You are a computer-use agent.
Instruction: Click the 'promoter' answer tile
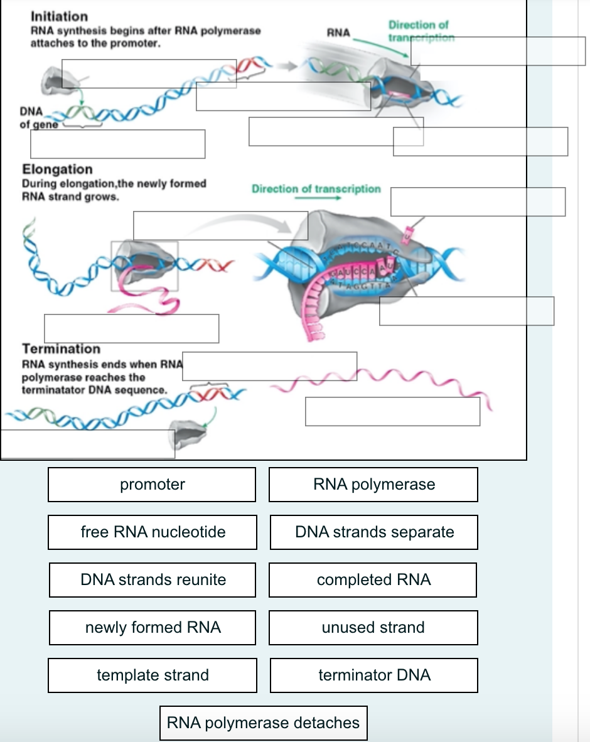(x=152, y=485)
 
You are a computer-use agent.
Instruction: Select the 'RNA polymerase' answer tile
(x=373, y=485)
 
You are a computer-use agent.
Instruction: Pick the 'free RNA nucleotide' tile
(x=153, y=532)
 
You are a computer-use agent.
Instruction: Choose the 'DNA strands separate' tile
(x=374, y=532)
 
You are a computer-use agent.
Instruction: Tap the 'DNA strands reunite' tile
(x=153, y=580)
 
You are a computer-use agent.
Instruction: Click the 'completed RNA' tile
(x=373, y=580)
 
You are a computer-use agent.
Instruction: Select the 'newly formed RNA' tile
(x=153, y=628)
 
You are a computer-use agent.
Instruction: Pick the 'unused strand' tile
(x=373, y=628)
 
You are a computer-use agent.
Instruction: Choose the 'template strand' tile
(x=153, y=675)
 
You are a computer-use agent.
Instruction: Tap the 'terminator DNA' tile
(x=374, y=675)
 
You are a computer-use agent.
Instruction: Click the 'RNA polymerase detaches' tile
(x=263, y=723)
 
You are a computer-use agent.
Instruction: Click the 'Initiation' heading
(x=59, y=16)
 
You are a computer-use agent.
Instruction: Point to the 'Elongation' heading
(x=57, y=169)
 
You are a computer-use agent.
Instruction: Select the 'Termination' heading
(x=61, y=349)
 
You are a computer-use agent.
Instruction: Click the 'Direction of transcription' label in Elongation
(x=316, y=189)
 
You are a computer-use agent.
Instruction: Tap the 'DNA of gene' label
(x=31, y=117)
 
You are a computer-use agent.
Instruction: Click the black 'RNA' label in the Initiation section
(x=338, y=33)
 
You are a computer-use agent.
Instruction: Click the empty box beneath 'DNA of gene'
(x=117, y=144)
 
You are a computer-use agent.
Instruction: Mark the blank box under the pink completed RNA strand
(x=392, y=411)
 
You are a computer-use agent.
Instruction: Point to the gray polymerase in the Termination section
(x=190, y=431)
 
